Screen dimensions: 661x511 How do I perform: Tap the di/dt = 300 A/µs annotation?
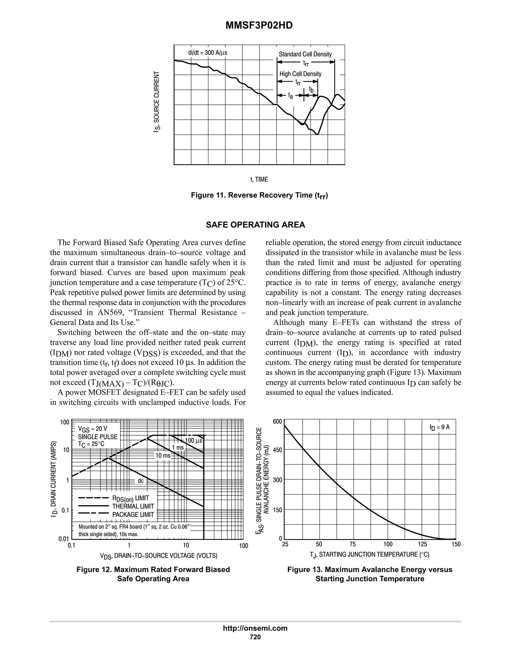(x=208, y=53)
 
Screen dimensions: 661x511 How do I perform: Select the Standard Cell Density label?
(x=305, y=54)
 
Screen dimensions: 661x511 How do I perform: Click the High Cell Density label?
(x=300, y=74)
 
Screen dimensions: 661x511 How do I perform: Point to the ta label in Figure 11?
(x=291, y=96)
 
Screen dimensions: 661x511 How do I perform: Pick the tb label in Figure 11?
(x=311, y=89)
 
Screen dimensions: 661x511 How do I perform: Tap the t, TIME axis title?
(x=259, y=180)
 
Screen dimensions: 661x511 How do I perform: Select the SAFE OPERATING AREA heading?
(x=255, y=225)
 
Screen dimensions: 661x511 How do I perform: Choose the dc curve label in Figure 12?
(x=141, y=481)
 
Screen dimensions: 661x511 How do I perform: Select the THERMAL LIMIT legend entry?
(x=133, y=506)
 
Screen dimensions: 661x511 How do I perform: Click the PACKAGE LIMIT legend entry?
(x=133, y=515)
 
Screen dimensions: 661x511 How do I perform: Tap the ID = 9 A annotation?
(x=440, y=427)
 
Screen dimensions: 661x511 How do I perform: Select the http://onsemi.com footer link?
(x=255, y=628)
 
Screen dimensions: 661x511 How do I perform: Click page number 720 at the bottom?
(x=255, y=637)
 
